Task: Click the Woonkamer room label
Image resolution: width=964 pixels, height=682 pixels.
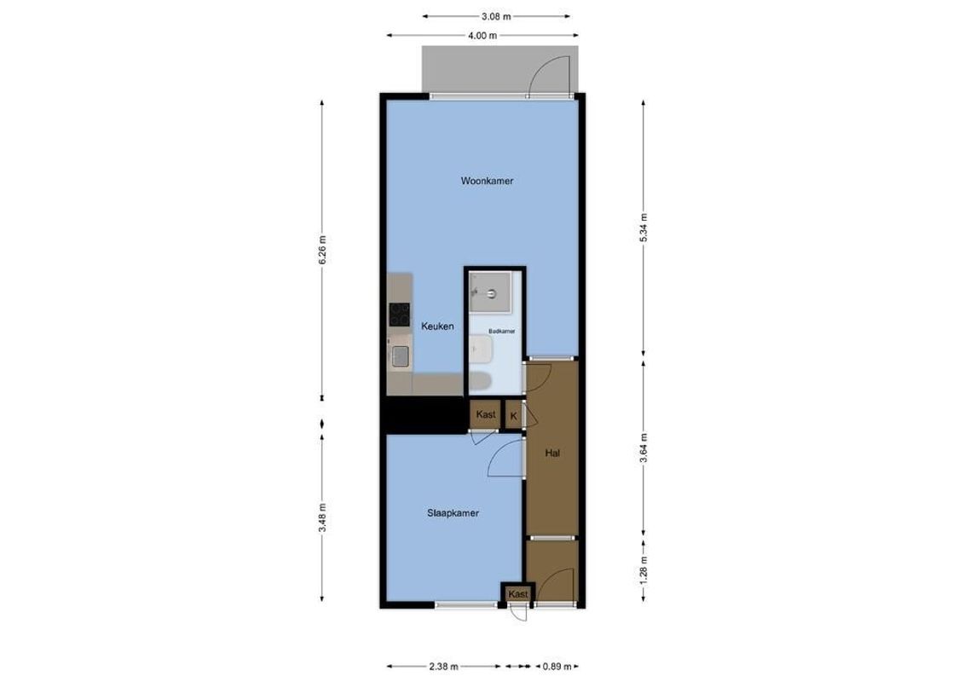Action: click(x=487, y=181)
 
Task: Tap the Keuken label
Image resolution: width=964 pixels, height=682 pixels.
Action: click(x=437, y=327)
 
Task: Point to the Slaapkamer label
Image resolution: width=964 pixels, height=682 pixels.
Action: click(x=452, y=514)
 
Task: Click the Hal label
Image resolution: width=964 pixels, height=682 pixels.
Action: click(x=552, y=454)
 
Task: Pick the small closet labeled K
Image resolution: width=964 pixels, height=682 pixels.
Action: click(x=513, y=415)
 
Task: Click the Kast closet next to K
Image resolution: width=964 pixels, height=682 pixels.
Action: click(x=486, y=414)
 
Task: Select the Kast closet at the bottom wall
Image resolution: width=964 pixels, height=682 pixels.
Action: click(x=518, y=593)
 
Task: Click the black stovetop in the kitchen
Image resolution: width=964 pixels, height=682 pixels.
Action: click(x=399, y=315)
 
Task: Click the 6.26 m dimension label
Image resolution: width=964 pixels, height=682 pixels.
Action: click(x=322, y=251)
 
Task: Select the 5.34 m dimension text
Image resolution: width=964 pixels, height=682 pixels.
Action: click(x=644, y=228)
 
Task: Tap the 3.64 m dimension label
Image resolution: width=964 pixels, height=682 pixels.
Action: click(x=644, y=448)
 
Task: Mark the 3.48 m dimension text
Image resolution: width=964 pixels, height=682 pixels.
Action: click(x=322, y=518)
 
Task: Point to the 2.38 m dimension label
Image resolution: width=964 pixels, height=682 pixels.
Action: click(x=444, y=667)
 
